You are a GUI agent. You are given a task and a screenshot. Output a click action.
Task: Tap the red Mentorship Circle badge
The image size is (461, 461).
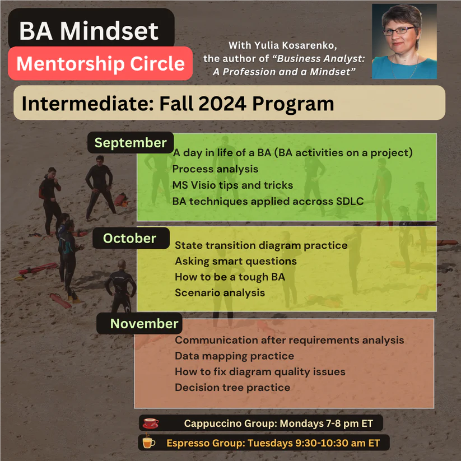[x=100, y=63]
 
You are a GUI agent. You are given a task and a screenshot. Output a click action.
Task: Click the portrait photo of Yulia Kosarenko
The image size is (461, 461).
[x=404, y=41]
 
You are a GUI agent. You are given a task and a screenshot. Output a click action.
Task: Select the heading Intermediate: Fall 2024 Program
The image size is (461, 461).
[x=178, y=103]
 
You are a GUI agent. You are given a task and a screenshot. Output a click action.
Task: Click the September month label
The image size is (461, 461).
[x=131, y=143]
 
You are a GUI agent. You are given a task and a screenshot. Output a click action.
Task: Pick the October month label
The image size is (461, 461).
[x=129, y=238]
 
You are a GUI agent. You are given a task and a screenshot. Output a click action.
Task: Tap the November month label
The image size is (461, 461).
[x=144, y=323]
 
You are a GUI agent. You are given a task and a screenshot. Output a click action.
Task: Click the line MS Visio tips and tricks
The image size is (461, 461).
[x=232, y=184]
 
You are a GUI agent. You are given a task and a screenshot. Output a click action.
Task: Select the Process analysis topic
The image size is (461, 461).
[x=215, y=169]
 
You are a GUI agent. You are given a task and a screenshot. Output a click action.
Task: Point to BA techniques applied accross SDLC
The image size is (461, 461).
[x=268, y=201]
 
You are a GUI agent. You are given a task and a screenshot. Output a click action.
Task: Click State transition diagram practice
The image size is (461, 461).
[x=261, y=245]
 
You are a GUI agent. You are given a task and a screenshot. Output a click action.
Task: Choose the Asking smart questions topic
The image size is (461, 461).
[x=235, y=261]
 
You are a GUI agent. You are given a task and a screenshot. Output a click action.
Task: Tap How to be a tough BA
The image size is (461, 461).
[x=226, y=277]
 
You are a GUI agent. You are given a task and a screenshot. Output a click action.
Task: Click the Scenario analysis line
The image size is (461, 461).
[x=220, y=292]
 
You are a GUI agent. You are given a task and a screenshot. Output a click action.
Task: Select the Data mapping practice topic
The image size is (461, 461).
[x=234, y=356]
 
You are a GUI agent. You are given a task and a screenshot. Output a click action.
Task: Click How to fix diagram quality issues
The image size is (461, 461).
[x=260, y=371]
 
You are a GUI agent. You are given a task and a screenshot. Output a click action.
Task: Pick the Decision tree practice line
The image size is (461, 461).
[x=232, y=387]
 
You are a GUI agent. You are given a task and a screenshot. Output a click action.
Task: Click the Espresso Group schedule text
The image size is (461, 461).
[x=273, y=443]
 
